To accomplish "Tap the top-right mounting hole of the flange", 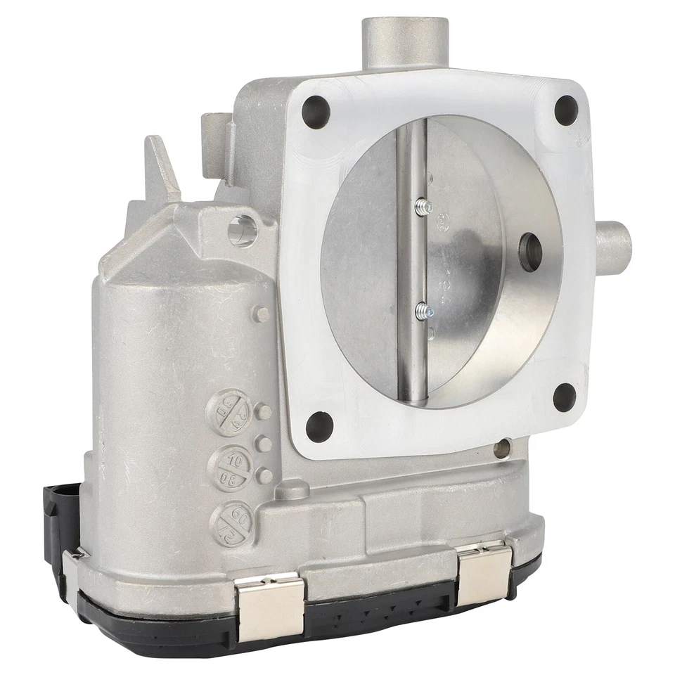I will [566, 110].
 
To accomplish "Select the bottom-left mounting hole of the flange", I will [319, 425].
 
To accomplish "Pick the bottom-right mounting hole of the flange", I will [564, 397].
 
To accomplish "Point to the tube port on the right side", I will [613, 248].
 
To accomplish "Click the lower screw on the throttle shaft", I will [424, 310].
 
